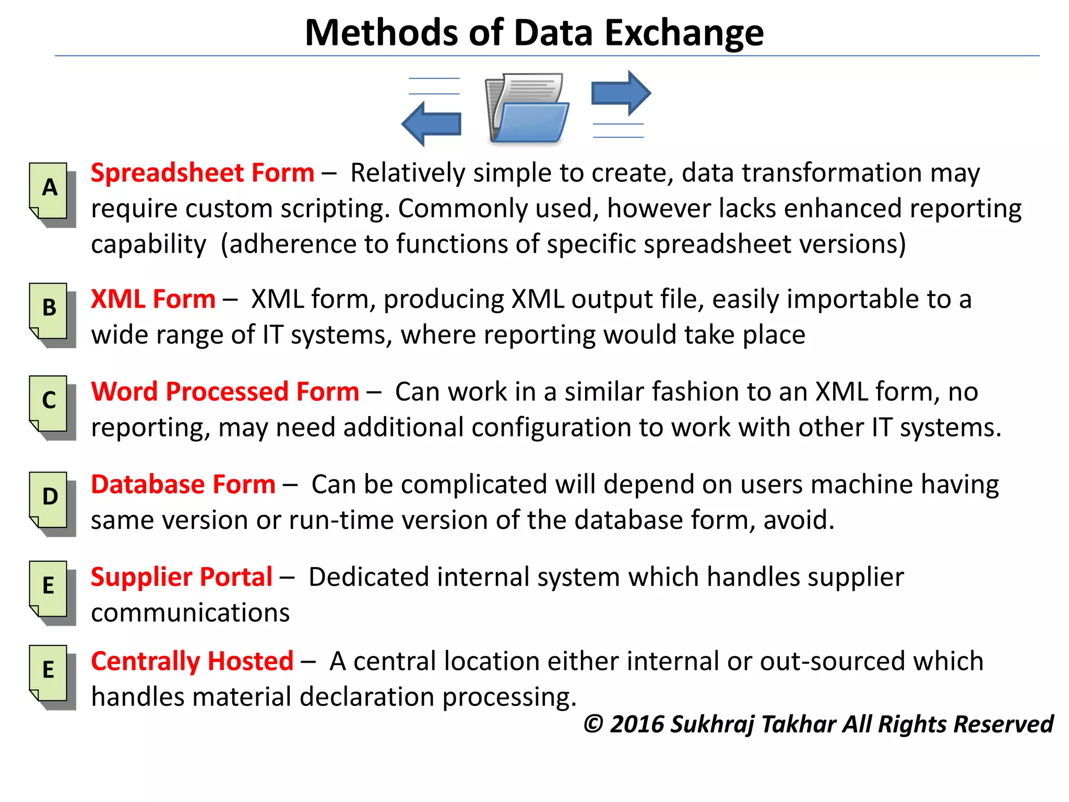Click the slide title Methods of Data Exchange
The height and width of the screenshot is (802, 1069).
tap(534, 33)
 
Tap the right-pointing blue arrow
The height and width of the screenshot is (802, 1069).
tap(621, 93)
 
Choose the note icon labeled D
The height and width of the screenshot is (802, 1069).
tap(50, 501)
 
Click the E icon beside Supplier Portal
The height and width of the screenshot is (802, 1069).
tap(50, 590)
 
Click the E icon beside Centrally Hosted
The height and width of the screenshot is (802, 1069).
tap(50, 674)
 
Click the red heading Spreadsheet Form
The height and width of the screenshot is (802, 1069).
tap(203, 173)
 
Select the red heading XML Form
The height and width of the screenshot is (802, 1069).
tap(153, 299)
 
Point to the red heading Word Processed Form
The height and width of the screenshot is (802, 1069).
tap(225, 392)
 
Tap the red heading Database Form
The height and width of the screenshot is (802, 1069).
tap(183, 484)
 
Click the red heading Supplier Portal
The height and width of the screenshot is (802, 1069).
tap(182, 577)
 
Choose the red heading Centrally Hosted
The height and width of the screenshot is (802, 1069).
tap(192, 661)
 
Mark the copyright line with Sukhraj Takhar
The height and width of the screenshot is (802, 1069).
tap(818, 724)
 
